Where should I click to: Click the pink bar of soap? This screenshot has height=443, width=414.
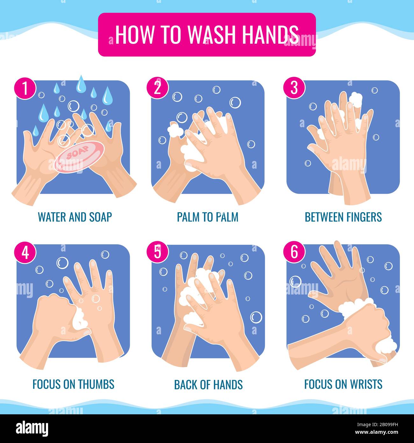79,157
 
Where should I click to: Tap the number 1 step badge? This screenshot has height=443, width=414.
25,88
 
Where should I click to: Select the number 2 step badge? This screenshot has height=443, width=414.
157,88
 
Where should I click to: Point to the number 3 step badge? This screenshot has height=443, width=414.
294,88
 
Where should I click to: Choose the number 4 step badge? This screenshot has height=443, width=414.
25,253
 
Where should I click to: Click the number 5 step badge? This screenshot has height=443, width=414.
157,252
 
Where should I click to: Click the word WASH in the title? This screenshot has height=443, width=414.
211,34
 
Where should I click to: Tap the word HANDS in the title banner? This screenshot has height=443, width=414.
270,34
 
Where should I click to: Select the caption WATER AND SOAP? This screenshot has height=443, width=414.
75,217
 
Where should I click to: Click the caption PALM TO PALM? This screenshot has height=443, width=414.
208,217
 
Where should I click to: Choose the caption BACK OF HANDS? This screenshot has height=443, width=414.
208,384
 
